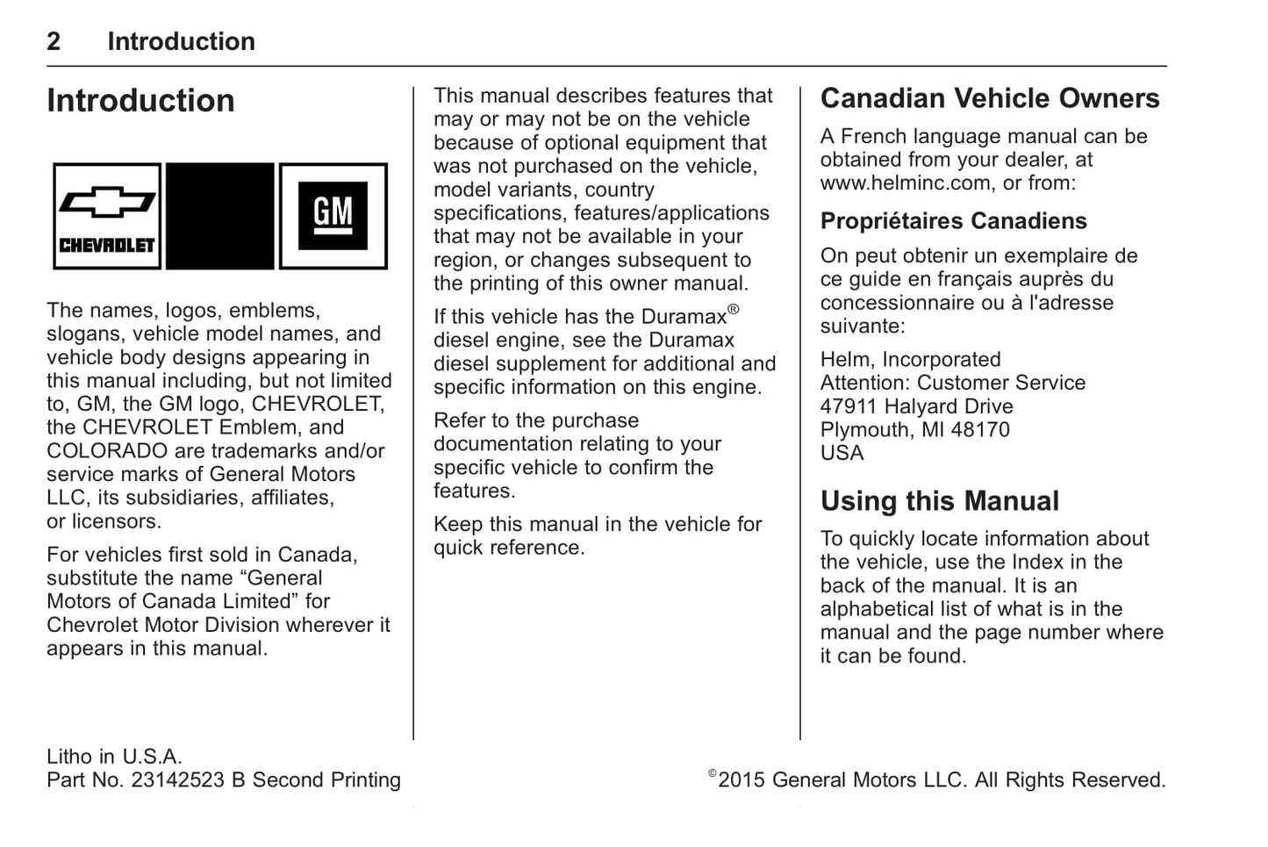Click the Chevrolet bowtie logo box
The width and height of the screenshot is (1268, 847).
(107, 216)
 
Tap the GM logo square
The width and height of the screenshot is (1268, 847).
(333, 216)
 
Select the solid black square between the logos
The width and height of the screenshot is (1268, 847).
(220, 216)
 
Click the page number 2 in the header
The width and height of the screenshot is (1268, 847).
(54, 41)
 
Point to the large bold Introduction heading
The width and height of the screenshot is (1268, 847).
(140, 101)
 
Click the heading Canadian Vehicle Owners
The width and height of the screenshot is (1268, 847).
(990, 98)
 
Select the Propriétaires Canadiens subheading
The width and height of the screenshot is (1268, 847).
(953, 221)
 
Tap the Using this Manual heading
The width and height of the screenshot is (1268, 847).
(940, 501)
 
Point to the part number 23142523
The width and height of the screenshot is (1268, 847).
(177, 780)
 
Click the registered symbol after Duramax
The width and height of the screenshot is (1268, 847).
(734, 309)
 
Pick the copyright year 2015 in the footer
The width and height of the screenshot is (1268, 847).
(741, 780)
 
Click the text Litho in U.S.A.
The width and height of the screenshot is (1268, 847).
(114, 757)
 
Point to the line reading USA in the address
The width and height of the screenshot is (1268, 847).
(842, 454)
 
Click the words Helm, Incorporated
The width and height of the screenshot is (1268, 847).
(910, 360)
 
